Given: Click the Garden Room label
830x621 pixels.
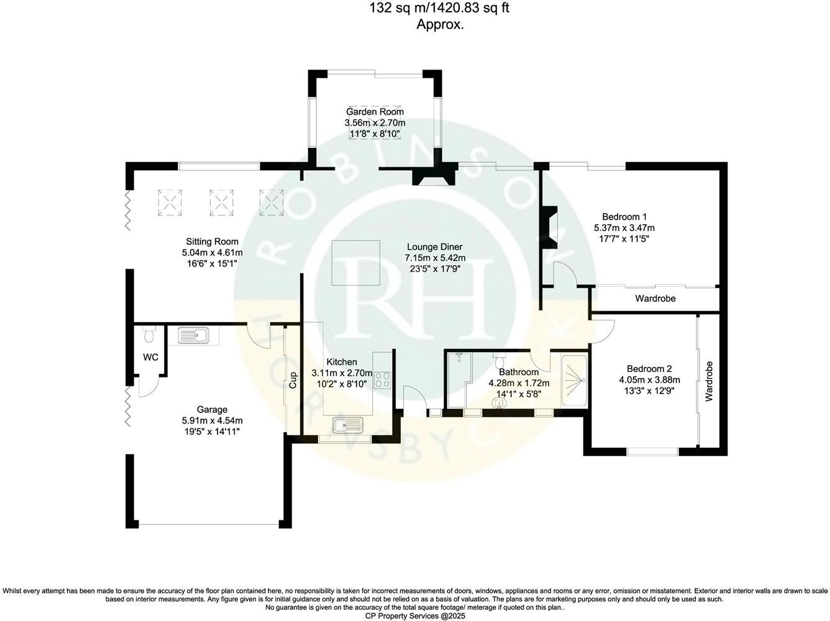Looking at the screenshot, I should tap(375, 112).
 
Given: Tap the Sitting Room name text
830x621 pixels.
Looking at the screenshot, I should tap(212, 242).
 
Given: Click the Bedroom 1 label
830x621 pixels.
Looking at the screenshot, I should tap(624, 217).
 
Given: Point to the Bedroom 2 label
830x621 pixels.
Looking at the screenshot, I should tap(649, 368).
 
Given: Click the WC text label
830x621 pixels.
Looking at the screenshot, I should tap(150, 357).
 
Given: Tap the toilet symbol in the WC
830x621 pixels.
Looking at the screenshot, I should tap(148, 336).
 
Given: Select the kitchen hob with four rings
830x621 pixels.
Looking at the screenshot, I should tap(382, 379).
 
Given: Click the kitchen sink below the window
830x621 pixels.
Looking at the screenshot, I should tap(347, 425).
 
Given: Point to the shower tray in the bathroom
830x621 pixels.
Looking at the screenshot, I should tap(573, 381).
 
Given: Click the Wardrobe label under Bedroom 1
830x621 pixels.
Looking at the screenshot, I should tap(655, 299).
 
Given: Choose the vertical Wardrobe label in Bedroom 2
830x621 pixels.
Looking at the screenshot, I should tap(709, 381).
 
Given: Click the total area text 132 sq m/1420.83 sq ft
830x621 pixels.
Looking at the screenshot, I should tap(440, 8).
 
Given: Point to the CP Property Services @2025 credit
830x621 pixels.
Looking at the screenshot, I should tap(414, 616).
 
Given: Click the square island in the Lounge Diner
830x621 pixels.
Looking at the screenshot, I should tap(355, 262).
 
